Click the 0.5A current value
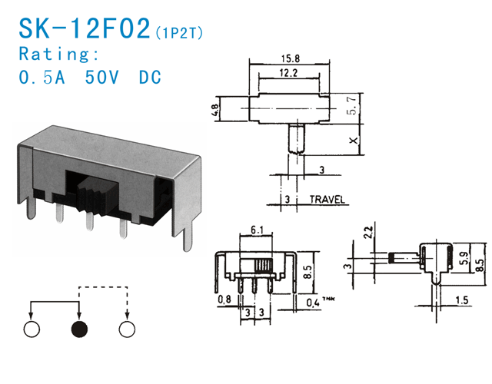click(43, 78)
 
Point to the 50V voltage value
click(103, 78)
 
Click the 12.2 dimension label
click(290, 73)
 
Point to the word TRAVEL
click(327, 200)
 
